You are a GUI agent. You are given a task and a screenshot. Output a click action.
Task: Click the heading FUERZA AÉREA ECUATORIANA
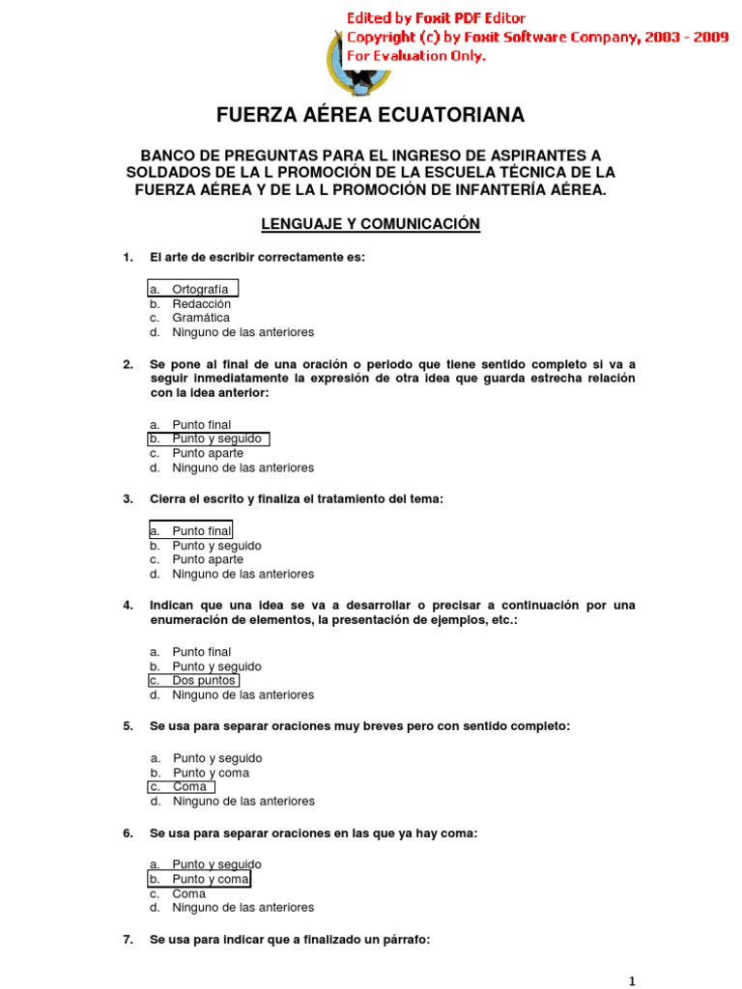[x=370, y=115]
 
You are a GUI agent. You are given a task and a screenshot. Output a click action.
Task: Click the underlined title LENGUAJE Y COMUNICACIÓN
[x=371, y=224]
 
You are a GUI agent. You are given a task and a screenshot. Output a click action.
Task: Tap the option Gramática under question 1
[x=201, y=317]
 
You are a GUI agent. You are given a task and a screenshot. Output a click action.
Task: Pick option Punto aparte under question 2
[x=208, y=453]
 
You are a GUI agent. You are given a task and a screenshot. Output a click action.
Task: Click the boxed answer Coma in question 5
[x=188, y=786]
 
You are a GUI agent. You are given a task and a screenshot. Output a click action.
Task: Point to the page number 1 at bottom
[x=632, y=981]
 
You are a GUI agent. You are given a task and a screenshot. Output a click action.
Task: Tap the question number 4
[x=128, y=606]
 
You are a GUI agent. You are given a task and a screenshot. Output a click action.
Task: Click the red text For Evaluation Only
[x=416, y=56]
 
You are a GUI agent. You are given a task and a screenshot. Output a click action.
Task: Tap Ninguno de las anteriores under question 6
[x=243, y=908]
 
